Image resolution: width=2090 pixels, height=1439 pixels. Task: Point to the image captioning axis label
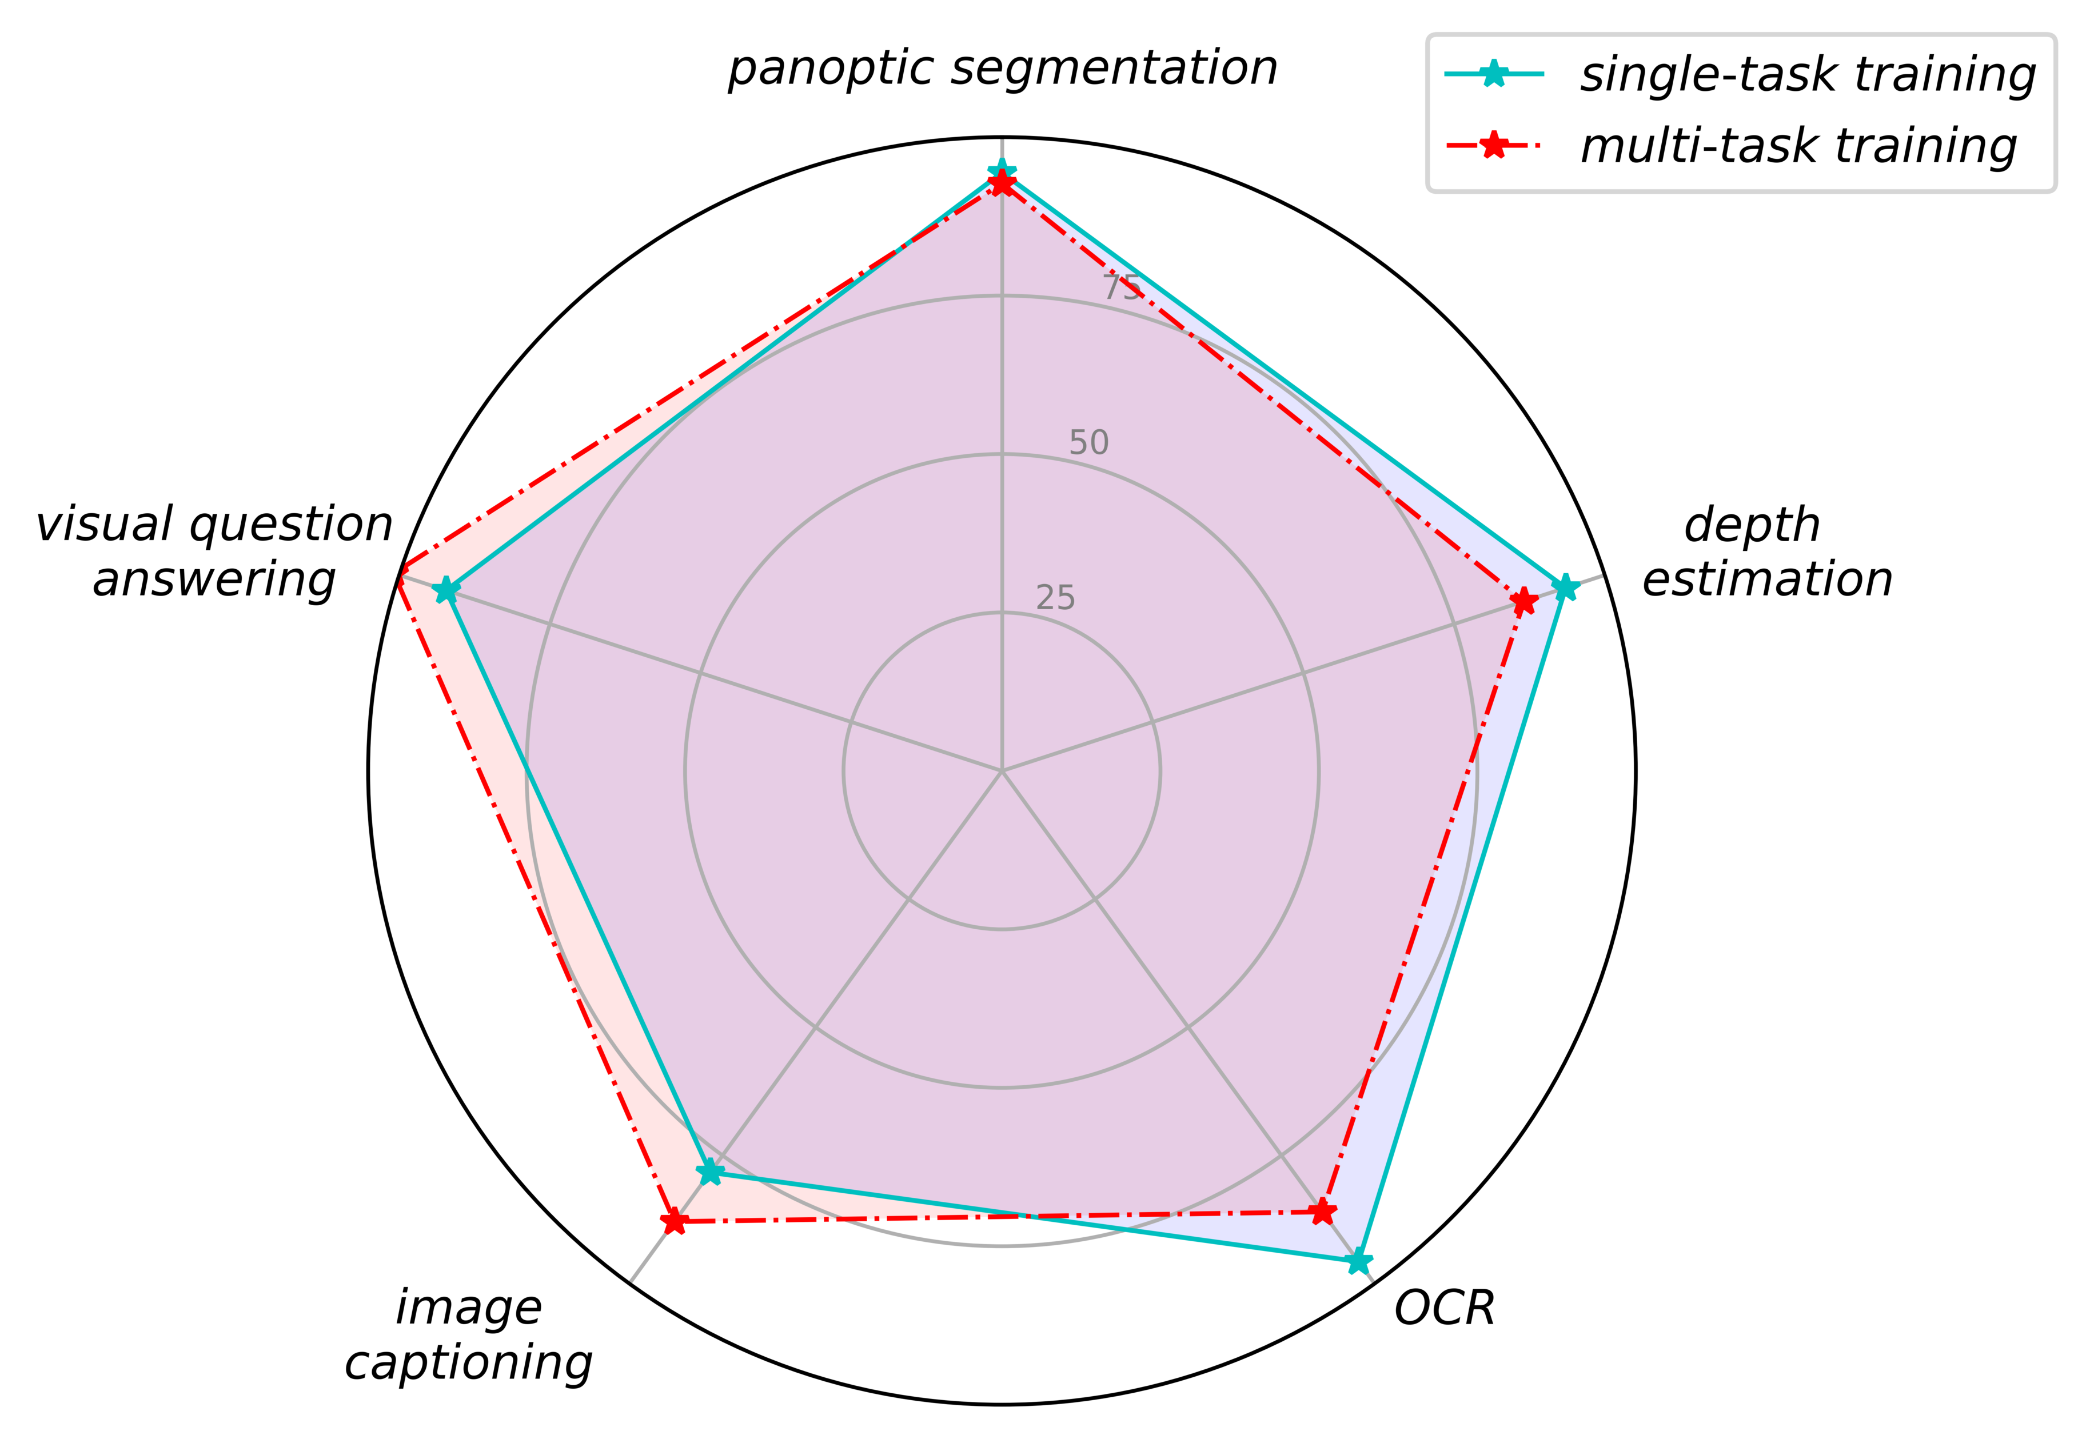point(469,1336)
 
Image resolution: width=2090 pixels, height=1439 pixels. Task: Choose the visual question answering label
point(214,552)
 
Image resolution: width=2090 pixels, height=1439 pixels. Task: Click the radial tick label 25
point(1055,598)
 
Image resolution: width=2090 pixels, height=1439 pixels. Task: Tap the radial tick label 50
point(1088,443)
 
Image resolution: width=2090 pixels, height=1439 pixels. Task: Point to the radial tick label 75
point(1122,287)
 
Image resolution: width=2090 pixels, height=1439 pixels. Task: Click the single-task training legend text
point(1807,75)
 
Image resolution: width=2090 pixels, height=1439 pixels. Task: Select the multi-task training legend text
point(1798,146)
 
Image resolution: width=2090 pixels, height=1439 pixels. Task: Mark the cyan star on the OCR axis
point(1357,1261)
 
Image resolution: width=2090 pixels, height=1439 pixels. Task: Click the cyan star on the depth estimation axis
point(1565,588)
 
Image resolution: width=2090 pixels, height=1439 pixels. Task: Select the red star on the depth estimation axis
point(1523,601)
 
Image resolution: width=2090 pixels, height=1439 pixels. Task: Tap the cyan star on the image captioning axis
point(711,1172)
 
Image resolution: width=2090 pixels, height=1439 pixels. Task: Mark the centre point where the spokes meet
point(1001,771)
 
